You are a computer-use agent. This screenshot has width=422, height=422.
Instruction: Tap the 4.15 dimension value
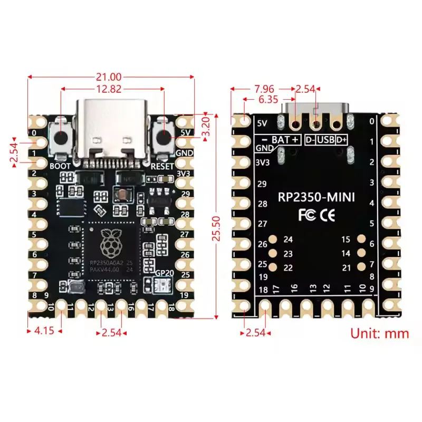[45, 331]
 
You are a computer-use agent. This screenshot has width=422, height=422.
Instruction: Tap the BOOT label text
[60, 166]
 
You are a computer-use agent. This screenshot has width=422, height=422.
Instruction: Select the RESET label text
[162, 166]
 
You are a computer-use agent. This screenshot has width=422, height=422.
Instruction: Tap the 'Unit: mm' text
[380, 333]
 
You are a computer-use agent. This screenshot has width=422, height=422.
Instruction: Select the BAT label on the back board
[280, 140]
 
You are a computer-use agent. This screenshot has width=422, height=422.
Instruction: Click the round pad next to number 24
[273, 239]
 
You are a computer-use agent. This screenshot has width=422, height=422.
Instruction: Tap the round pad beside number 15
[361, 239]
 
